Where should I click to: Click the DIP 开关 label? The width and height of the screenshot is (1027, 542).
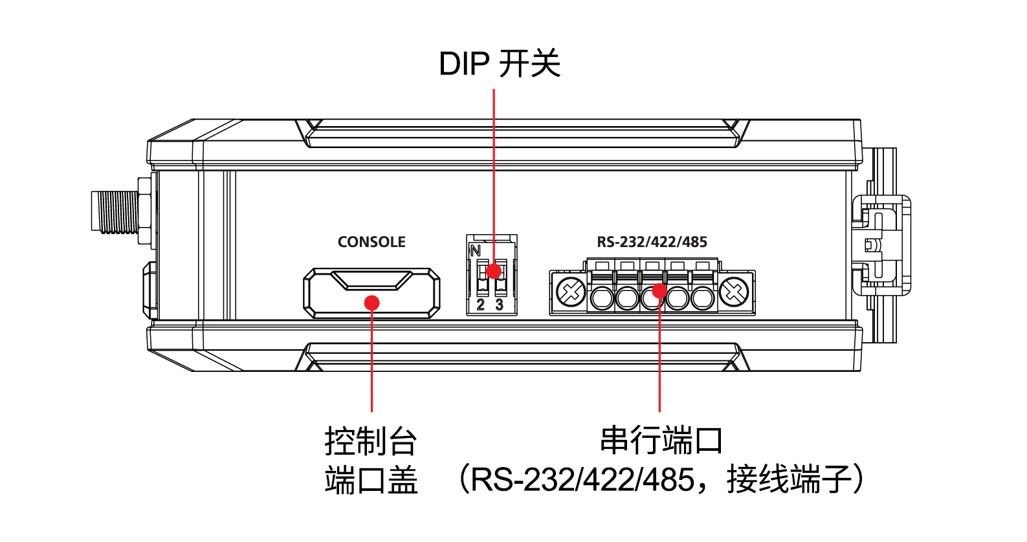tap(499, 65)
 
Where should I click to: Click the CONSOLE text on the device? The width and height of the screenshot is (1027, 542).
tap(371, 242)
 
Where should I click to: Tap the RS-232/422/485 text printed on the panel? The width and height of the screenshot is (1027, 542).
tap(652, 242)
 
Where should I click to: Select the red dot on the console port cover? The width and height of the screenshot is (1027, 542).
tap(371, 303)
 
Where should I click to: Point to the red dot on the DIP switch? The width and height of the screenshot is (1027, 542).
tap(494, 271)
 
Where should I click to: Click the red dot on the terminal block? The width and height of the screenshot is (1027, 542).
tap(659, 290)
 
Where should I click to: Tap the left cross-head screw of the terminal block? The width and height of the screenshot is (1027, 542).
tap(571, 292)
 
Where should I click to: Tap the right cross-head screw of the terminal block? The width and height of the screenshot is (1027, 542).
tap(734, 292)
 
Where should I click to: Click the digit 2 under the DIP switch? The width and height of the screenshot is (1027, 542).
tap(481, 305)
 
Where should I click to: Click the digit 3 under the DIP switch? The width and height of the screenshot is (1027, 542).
tap(499, 305)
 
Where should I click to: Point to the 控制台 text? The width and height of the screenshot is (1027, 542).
tap(371, 441)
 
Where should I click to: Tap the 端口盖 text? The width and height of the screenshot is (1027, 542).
tap(371, 480)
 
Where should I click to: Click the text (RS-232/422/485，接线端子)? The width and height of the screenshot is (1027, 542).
tap(661, 480)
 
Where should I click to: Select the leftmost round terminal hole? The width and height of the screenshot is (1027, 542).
tap(602, 298)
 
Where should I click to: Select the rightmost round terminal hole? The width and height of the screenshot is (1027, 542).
tap(703, 298)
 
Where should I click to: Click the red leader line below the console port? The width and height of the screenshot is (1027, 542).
tap(372, 362)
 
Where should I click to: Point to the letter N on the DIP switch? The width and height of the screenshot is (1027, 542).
tap(476, 251)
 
